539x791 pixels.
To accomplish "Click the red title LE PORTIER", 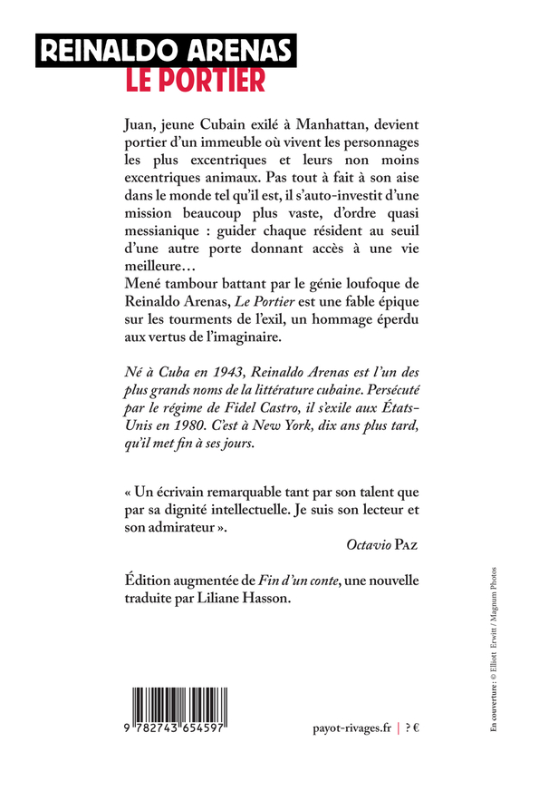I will (195, 79).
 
